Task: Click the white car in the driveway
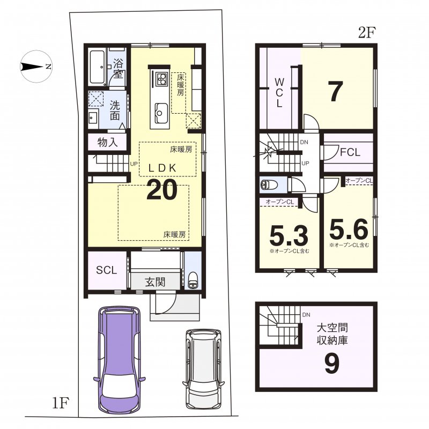click(x=203, y=370)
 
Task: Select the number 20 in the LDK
click(x=161, y=190)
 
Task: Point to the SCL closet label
click(x=106, y=270)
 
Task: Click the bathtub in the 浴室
click(x=98, y=67)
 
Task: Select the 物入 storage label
click(x=107, y=142)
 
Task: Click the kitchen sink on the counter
click(x=160, y=113)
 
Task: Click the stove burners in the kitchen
click(x=161, y=80)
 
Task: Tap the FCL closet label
click(x=350, y=152)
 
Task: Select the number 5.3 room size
click(x=288, y=234)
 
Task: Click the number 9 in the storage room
click(x=331, y=365)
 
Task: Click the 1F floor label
click(x=61, y=402)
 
